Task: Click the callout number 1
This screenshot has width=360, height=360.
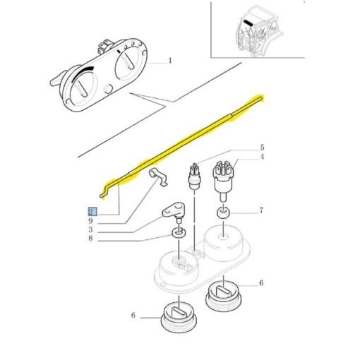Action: (x=170, y=61)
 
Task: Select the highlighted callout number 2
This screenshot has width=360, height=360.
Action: (x=91, y=212)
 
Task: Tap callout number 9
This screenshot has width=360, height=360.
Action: (x=90, y=221)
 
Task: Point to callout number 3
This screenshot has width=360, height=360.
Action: (x=90, y=229)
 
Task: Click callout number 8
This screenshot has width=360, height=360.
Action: (x=90, y=238)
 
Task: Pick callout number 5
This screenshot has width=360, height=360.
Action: (x=262, y=148)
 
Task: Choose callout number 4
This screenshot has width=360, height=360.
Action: (x=262, y=157)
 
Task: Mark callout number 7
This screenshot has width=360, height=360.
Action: (x=261, y=210)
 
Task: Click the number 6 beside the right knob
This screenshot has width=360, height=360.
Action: (x=261, y=283)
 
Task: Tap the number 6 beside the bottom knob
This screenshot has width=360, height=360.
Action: (x=133, y=315)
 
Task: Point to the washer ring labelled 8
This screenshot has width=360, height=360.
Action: (x=179, y=233)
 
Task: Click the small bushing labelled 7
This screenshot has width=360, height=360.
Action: (x=223, y=213)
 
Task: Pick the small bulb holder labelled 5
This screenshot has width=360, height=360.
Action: (x=194, y=176)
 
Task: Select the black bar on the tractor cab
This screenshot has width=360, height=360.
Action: (x=248, y=23)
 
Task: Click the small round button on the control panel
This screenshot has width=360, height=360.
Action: (x=108, y=89)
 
